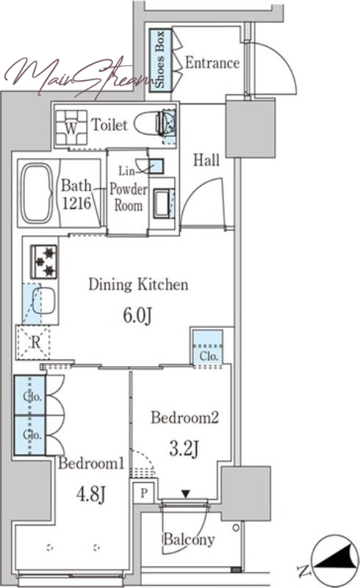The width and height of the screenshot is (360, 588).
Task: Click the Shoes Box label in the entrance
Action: tap(160, 60)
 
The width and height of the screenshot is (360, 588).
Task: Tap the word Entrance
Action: tap(212, 63)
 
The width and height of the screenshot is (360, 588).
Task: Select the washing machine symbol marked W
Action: tap(71, 127)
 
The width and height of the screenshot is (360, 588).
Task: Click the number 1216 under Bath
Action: tap(76, 204)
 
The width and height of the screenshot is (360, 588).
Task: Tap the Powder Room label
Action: tap(129, 197)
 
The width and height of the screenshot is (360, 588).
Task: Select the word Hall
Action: tap(206, 160)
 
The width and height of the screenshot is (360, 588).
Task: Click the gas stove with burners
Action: tap(43, 262)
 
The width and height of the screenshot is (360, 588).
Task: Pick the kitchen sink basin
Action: tap(43, 301)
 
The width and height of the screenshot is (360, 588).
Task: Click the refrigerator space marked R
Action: tap(33, 343)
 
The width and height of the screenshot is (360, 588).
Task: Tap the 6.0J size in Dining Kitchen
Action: tap(137, 315)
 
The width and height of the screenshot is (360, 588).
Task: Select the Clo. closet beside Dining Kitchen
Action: tap(208, 348)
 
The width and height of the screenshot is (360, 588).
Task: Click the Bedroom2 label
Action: tap(184, 417)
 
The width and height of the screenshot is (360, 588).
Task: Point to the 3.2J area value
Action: tap(184, 448)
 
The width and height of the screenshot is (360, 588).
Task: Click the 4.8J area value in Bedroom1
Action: tap(91, 494)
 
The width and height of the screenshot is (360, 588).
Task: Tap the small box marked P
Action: tap(143, 492)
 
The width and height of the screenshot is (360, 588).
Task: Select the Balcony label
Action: tap(189, 539)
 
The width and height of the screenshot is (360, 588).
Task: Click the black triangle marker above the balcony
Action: tap(186, 493)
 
